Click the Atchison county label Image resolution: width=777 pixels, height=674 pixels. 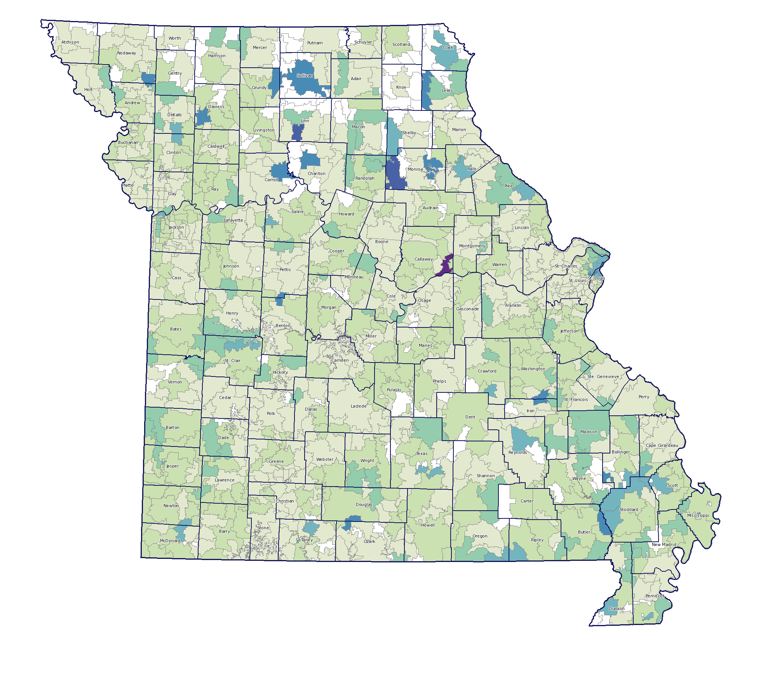click(70, 42)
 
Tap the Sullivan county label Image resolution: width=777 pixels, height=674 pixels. click(305, 75)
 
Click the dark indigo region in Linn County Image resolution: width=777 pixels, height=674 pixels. click(297, 132)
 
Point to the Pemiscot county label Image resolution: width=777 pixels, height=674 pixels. click(655, 596)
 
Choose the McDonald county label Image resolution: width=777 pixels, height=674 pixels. click(170, 541)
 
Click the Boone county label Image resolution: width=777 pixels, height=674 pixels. click(382, 242)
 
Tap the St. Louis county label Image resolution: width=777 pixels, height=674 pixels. click(577, 280)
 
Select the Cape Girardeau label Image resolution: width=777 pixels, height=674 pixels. click(662, 445)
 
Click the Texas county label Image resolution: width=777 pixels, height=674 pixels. click(422, 453)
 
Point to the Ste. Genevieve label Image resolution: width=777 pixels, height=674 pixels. click(603, 376)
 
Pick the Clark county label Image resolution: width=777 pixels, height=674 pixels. click(448, 47)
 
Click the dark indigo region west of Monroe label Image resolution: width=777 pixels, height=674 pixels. click(395, 173)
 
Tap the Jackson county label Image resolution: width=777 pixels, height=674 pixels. click(176, 227)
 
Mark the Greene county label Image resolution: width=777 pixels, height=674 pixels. click(276, 461)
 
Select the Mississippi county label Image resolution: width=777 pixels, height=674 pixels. click(698, 515)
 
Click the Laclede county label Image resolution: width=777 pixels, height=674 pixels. click(359, 406)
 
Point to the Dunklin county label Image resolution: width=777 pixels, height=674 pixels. click(617, 609)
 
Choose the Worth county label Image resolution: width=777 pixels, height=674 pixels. click(174, 38)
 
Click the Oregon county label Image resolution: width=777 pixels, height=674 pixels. click(480, 536)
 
